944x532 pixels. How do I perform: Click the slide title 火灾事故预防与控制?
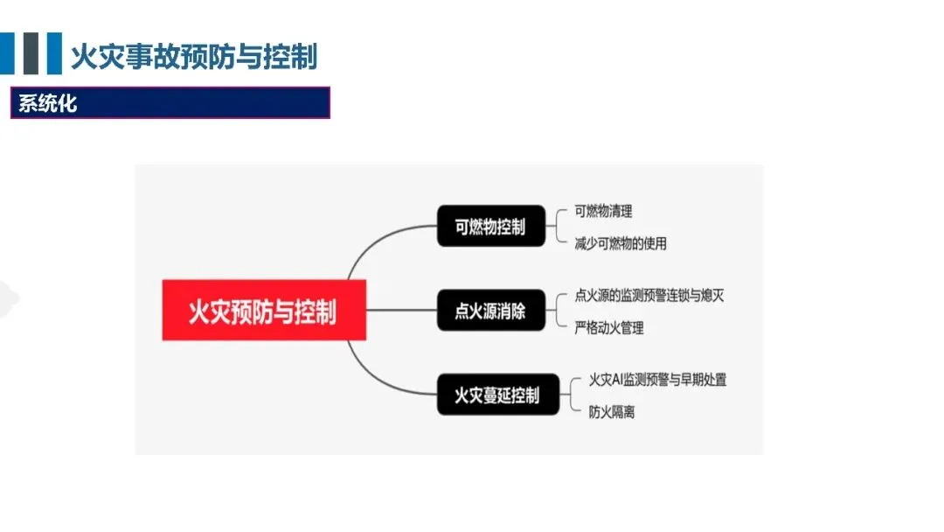tap(193, 57)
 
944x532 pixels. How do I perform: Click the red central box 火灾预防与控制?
tap(264, 311)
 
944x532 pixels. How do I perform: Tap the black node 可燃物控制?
tap(490, 227)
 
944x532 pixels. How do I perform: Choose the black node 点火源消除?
tap(490, 310)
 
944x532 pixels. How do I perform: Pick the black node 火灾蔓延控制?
tap(496, 395)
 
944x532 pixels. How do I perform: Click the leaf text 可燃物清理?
tap(603, 211)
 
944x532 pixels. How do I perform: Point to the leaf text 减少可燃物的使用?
tap(621, 243)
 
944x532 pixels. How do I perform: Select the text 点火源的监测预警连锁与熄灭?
tap(649, 295)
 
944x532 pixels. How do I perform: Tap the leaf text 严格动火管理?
tap(609, 327)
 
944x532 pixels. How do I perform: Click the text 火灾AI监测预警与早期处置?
tap(657, 380)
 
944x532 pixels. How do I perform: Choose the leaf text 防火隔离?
tap(611, 411)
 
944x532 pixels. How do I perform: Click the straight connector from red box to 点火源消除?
tap(401, 310)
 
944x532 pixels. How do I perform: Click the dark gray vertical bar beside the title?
tap(32, 53)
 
